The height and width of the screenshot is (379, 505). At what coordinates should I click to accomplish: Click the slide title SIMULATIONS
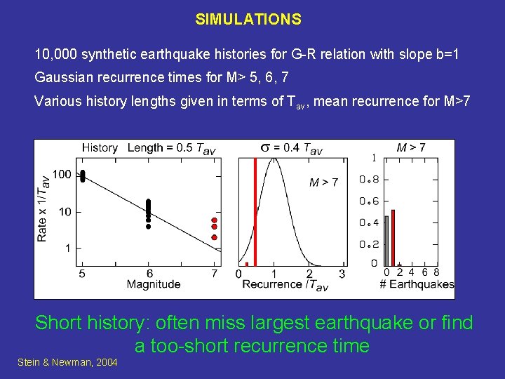point(248,20)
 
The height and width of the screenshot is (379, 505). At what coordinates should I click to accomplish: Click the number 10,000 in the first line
point(58,54)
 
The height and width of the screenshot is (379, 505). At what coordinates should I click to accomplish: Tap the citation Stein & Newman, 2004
point(67,362)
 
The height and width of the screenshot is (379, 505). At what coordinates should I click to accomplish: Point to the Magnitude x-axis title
point(154,284)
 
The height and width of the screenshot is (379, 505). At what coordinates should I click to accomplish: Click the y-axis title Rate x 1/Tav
point(43,208)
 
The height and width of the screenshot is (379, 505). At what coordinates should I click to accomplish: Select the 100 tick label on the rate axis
point(62,174)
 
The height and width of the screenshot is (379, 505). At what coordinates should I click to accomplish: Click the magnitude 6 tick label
point(149,273)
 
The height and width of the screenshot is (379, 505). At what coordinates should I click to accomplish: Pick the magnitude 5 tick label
point(82,273)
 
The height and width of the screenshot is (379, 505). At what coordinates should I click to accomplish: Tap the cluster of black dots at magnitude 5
point(83,175)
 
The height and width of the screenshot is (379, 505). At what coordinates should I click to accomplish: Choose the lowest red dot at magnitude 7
point(214,237)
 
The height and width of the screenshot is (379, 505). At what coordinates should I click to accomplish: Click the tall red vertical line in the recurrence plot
point(255,211)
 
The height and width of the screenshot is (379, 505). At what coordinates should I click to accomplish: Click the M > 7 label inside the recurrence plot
point(323,182)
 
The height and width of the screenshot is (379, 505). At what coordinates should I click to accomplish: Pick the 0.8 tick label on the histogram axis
point(369,180)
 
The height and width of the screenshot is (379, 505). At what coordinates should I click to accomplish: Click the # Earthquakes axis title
point(416,284)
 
